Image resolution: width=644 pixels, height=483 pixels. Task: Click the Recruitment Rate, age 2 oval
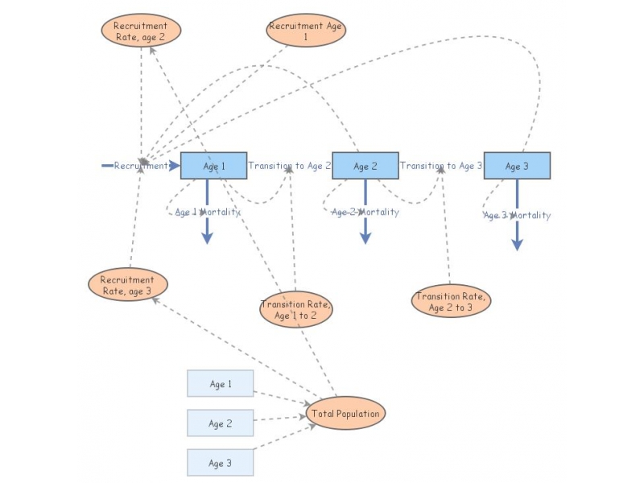point(141,31)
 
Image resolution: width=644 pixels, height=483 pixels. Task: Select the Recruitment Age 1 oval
point(306,31)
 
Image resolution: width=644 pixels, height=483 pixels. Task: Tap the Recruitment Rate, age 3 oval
point(127,285)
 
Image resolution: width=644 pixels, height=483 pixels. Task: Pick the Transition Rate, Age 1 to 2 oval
point(295,310)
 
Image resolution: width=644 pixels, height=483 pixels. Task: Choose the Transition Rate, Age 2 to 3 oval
point(450,302)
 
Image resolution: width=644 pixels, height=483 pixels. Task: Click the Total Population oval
point(346,414)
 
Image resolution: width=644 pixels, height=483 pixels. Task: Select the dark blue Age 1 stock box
point(213,166)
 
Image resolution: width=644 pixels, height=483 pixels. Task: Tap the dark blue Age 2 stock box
point(365,166)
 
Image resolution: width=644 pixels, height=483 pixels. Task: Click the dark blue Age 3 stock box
point(517,166)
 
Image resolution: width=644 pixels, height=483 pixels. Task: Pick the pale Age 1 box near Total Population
point(221,384)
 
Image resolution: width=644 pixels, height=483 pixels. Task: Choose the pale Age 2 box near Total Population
point(221,423)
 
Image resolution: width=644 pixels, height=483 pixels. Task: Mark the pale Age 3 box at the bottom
point(221,463)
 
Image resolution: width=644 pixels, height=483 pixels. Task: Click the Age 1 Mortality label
point(207,212)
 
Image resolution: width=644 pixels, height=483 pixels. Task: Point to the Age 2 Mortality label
point(365,212)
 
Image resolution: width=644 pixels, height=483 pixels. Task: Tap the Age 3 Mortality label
point(517,215)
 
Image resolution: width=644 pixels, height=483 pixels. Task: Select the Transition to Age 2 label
point(290,166)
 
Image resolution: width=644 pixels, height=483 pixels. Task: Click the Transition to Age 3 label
point(441,166)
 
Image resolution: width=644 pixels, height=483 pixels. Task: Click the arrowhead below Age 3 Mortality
point(517,244)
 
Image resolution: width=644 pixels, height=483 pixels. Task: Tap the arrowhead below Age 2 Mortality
point(365,237)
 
